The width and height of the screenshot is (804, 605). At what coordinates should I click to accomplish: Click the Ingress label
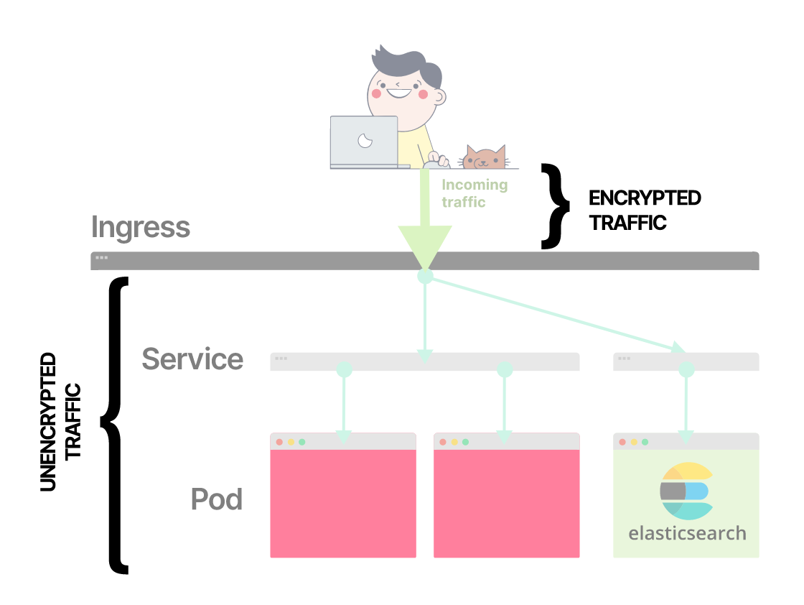point(141,228)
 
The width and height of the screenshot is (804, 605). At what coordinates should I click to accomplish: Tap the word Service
point(192,359)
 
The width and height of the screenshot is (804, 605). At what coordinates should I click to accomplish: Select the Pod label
point(217,499)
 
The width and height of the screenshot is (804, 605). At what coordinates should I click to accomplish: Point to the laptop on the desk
point(364,142)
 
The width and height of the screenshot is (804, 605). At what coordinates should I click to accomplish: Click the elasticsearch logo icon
point(686,491)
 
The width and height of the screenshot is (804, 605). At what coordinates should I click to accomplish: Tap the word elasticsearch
point(687,534)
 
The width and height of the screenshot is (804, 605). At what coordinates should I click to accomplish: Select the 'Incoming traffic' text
point(474,193)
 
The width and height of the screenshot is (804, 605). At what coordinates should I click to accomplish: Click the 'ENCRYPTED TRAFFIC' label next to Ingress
point(644,210)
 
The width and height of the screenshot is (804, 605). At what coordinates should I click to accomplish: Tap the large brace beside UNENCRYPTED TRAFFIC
point(116,424)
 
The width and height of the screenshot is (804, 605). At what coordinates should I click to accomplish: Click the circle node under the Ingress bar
point(425,276)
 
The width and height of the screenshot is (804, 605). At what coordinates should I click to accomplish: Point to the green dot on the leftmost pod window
point(302,442)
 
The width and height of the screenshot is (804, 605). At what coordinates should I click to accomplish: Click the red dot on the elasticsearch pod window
point(622,442)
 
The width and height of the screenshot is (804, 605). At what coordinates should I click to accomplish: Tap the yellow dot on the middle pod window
point(454,442)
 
